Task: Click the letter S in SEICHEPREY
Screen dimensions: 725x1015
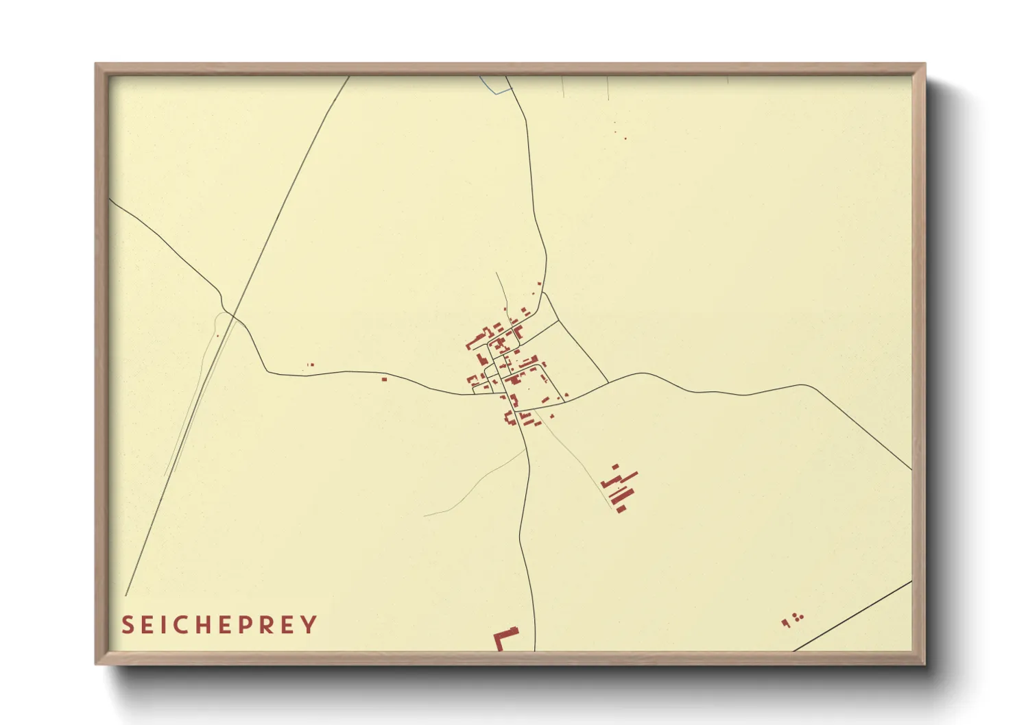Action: (127, 625)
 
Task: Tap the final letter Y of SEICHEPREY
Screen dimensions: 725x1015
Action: (311, 625)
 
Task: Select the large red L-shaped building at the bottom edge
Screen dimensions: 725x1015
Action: (505, 639)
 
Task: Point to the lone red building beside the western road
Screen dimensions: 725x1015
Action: (384, 378)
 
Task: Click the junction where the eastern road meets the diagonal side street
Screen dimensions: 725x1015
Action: (608, 382)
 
